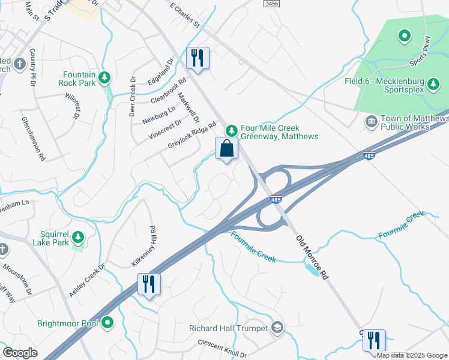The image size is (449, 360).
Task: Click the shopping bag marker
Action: (x=226, y=148)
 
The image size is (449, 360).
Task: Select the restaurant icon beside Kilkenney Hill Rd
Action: (x=149, y=284)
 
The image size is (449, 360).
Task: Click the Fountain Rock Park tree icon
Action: (x=105, y=77)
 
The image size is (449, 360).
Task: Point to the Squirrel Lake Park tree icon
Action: (x=77, y=239)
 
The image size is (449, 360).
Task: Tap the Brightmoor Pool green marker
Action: (x=107, y=323)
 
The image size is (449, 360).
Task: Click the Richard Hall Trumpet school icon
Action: (x=277, y=328)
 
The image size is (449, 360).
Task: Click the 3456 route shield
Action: (x=271, y=4)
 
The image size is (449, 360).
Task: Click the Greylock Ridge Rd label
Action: (x=191, y=135)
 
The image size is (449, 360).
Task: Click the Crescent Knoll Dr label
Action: (x=222, y=347)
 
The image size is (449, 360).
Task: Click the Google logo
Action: (x=20, y=353)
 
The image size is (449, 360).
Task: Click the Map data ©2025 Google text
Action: (x=412, y=355)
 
